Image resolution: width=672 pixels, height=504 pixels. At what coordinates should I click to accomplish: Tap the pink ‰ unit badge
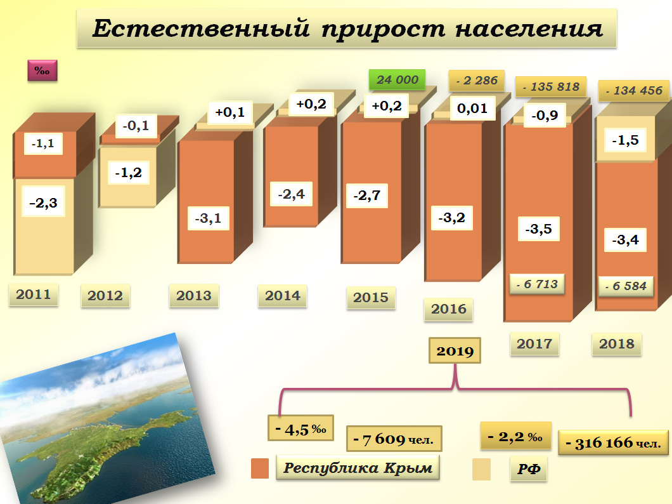pos(42,70)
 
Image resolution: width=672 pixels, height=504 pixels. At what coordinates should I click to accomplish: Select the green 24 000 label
pos(397,79)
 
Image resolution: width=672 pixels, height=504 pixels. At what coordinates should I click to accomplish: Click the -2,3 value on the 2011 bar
pos(43,203)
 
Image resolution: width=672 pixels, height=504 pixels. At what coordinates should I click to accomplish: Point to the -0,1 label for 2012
pos(136,126)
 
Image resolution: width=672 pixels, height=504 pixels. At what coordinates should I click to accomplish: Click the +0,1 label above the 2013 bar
pos(230,112)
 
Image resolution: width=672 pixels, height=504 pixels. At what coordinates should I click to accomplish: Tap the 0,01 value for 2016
pos(472,109)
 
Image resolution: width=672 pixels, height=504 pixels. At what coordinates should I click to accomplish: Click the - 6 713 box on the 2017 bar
pos(536,284)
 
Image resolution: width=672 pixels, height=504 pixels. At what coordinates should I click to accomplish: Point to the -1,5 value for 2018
pos(625,140)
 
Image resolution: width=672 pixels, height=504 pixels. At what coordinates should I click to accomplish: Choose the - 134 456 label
pos(633,90)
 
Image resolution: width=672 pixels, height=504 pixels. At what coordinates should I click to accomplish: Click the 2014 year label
pos(282,295)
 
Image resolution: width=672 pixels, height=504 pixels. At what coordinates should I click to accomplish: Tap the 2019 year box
pos(455,351)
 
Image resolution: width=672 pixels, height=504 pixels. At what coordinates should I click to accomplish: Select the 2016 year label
pos(449,309)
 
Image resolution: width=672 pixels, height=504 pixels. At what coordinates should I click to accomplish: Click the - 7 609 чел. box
pos(394,439)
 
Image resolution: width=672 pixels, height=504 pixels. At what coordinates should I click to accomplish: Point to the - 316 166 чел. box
pos(613,442)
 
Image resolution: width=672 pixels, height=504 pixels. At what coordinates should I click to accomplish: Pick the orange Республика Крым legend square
pos(261,468)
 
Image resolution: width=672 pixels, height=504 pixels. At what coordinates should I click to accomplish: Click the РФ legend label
pos(528,470)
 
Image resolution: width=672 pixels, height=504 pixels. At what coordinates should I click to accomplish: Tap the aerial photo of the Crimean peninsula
pos(95,419)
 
